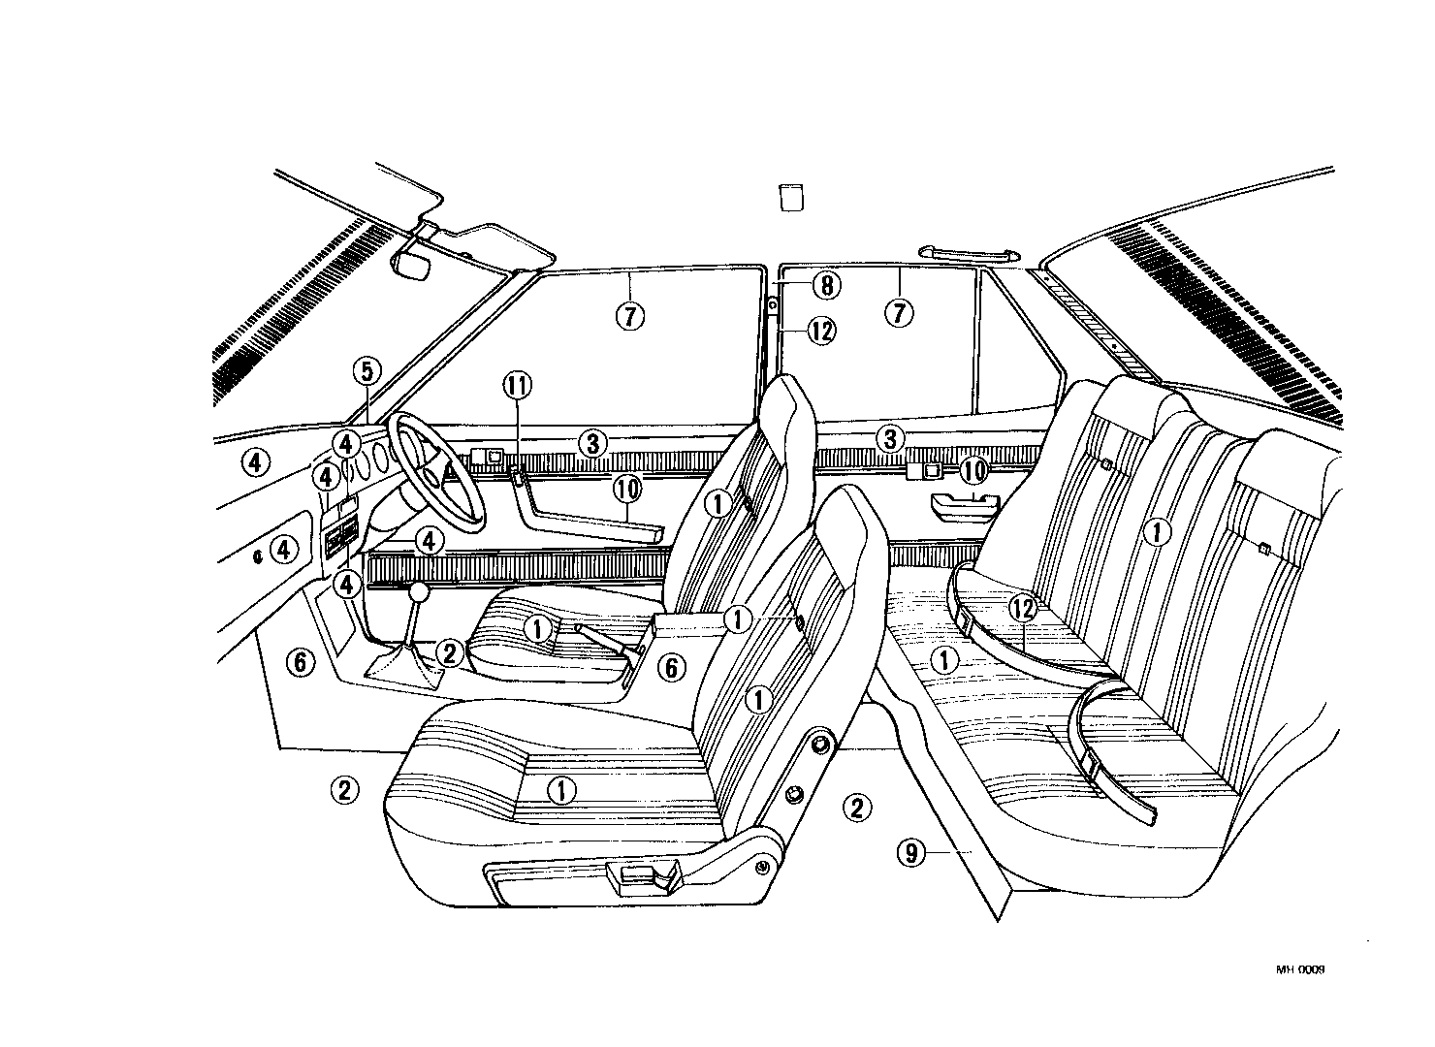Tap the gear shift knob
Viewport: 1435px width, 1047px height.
click(419, 591)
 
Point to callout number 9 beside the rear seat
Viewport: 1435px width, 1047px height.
click(909, 853)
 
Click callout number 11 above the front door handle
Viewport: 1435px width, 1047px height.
click(517, 386)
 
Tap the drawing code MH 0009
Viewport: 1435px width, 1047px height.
click(1300, 968)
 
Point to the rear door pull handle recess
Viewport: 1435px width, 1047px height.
click(963, 502)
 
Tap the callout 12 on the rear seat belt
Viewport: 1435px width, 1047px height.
click(1023, 608)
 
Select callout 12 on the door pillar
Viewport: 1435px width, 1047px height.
click(820, 331)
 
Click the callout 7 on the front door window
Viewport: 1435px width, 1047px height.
click(628, 315)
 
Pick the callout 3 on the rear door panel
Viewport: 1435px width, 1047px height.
click(890, 438)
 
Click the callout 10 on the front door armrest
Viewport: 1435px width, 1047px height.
click(628, 490)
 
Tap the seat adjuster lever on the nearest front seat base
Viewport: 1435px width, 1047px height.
click(640, 879)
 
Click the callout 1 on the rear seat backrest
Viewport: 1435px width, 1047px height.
click(1156, 530)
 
